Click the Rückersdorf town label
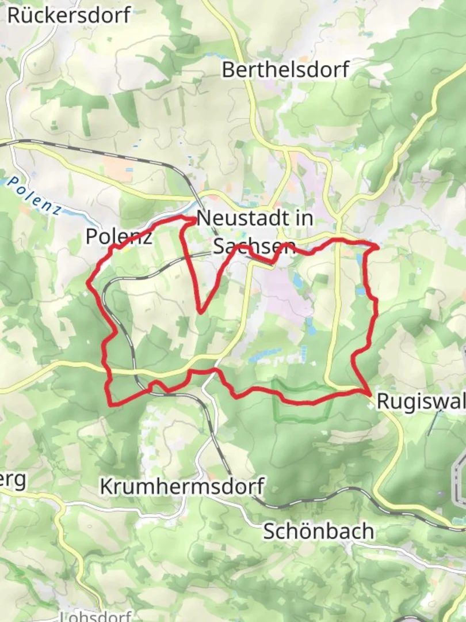(69, 15)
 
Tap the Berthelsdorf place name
(285, 70)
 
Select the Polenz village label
(119, 236)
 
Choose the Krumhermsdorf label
(181, 486)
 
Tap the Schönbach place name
(318, 531)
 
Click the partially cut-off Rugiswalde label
(421, 401)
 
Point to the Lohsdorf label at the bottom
(96, 617)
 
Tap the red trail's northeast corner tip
(377, 246)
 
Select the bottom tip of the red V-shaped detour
(201, 312)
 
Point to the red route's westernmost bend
(88, 282)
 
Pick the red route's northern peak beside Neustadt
(191, 219)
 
